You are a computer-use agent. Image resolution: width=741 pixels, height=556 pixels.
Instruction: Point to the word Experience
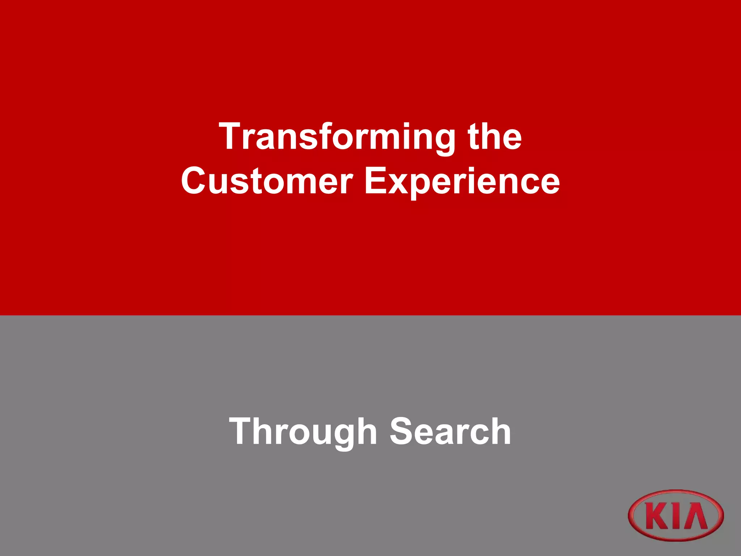tap(462, 181)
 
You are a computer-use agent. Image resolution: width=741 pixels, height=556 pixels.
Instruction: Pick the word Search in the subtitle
tap(450, 431)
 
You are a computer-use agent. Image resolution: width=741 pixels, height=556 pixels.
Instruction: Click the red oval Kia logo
tap(676, 515)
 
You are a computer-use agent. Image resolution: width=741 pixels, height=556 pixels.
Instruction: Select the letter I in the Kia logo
tap(674, 516)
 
